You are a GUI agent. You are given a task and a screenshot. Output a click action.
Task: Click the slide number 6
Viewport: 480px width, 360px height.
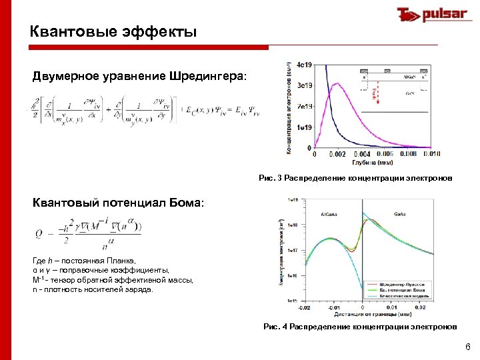(467, 347)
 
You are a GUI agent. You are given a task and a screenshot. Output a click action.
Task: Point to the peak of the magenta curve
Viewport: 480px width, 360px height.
(339, 83)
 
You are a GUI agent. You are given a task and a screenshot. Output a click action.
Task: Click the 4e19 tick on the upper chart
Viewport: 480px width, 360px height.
(304, 65)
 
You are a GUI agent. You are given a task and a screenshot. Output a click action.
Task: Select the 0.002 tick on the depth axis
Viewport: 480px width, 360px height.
(340, 154)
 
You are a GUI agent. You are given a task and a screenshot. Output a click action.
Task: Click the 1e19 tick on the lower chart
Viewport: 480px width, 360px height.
(292, 199)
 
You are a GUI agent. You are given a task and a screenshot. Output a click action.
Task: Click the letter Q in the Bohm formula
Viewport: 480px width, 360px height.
(39, 234)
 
